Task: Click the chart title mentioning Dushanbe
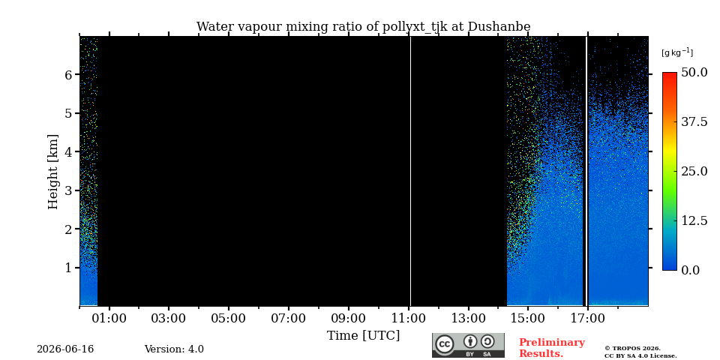tap(363, 27)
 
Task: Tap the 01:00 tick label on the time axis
tap(109, 318)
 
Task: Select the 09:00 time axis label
tap(349, 318)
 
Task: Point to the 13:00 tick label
tap(468, 318)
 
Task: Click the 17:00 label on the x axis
tap(588, 318)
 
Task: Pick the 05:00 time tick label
tap(229, 318)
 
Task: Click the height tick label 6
tap(69, 74)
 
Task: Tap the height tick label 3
tap(69, 190)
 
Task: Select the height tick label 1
tap(69, 267)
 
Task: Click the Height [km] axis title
tap(53, 172)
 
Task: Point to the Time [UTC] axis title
tap(363, 336)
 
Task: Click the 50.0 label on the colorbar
tap(694, 72)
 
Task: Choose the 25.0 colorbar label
tap(694, 171)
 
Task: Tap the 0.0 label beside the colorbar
tap(691, 270)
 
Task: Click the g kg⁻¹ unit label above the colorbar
tap(677, 52)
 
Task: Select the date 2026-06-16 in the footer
tap(65, 349)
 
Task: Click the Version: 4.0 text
tap(174, 349)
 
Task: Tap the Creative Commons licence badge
tap(468, 345)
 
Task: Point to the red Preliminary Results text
tap(552, 348)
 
